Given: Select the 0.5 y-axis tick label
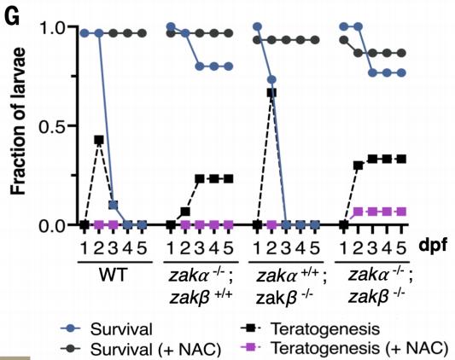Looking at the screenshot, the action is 51,126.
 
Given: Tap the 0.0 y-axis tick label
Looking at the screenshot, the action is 51,225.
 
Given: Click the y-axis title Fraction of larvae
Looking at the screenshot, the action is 19,122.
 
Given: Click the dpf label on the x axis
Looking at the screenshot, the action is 433,247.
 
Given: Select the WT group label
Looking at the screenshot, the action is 113,275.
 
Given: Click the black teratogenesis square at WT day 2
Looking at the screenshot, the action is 99,140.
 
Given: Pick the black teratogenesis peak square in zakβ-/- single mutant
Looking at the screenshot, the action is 271,93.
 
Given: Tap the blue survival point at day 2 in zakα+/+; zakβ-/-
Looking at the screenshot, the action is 271,79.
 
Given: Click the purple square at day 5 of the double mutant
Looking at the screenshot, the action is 401,212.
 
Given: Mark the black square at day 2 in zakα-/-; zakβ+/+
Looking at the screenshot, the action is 185,212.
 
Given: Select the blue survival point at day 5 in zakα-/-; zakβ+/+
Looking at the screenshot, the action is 229,67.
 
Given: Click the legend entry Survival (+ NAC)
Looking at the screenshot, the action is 141,349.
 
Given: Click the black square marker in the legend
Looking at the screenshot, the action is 251,328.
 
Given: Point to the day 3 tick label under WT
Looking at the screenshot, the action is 114,248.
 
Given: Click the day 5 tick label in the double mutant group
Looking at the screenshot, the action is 401,248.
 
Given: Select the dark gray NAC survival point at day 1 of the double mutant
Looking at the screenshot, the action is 344,40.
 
